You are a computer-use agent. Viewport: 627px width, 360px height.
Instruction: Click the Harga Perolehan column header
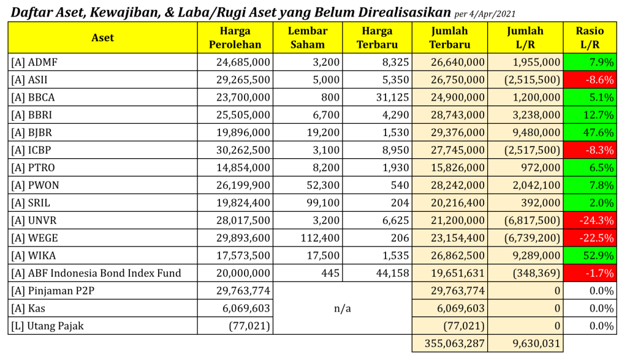tap(235, 37)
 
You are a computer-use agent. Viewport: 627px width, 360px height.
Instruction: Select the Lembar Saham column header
tap(307, 37)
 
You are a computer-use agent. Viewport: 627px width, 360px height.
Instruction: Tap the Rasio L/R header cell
tap(590, 37)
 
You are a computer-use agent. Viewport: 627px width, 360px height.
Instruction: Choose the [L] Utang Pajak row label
tap(47, 326)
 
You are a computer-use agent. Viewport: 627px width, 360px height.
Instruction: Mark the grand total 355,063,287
tap(450, 343)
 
